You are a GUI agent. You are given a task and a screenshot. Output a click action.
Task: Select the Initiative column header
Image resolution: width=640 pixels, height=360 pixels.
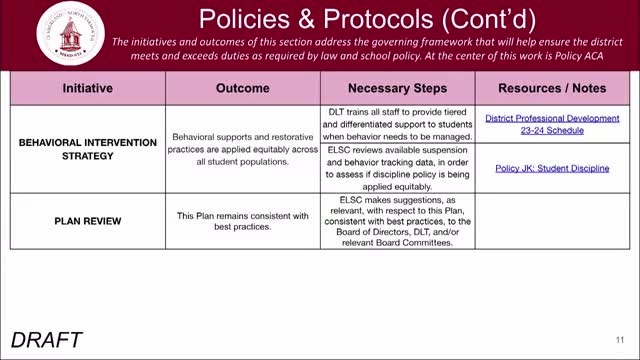(x=87, y=88)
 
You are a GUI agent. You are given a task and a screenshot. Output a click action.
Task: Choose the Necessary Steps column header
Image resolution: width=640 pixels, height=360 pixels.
(x=398, y=88)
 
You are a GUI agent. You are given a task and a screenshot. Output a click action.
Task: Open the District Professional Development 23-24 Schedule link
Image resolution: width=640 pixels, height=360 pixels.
(x=552, y=124)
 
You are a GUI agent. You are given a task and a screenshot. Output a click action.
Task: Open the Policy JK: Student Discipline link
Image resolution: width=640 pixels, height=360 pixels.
(x=552, y=168)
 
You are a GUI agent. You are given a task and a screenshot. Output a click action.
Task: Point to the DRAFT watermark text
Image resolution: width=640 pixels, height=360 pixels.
(x=47, y=339)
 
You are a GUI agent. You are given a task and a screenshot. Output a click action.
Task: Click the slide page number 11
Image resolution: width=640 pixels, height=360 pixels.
(x=620, y=338)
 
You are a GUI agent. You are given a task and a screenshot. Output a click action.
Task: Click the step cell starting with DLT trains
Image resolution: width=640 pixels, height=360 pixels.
(x=398, y=124)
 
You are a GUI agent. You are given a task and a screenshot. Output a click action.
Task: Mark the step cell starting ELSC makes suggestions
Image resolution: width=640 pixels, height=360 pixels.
(x=398, y=221)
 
